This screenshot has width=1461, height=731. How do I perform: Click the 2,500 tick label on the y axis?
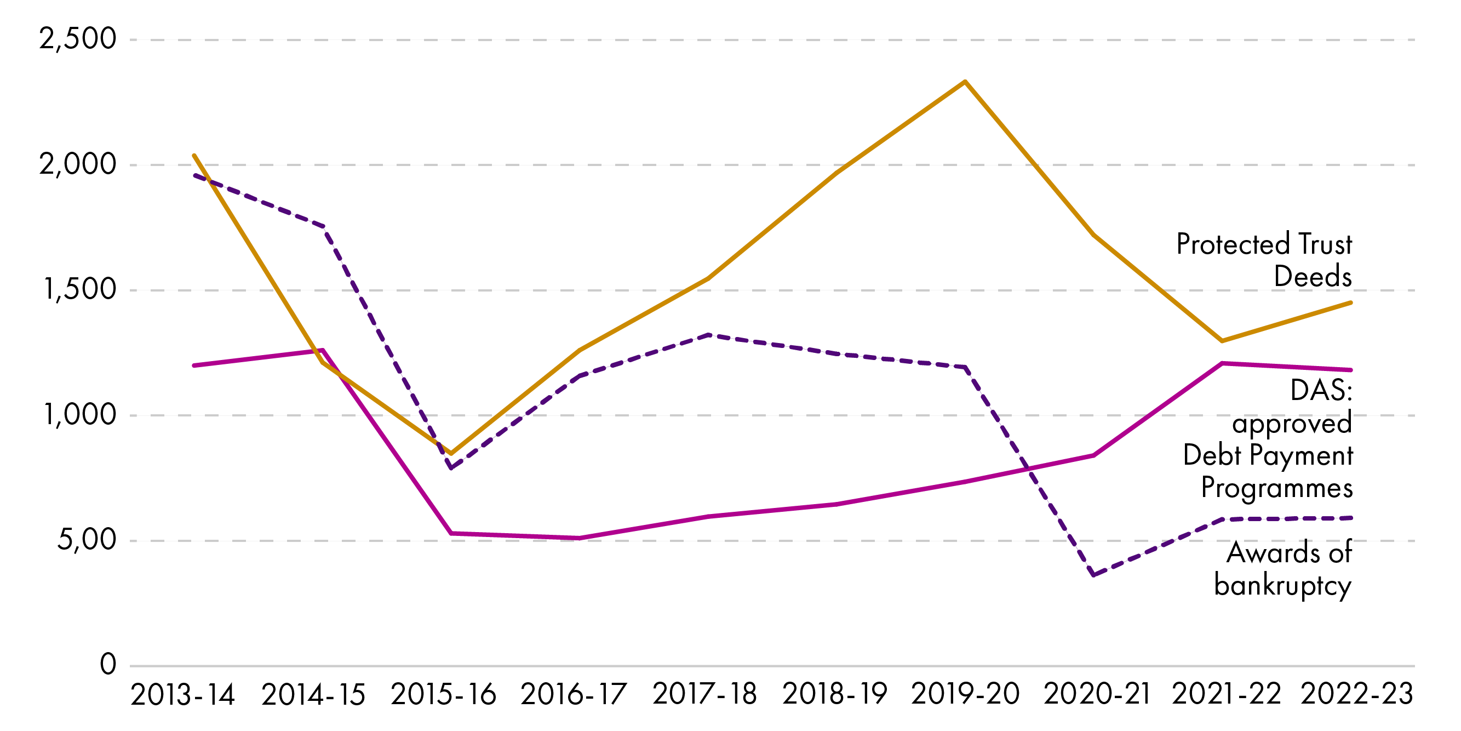pyautogui.click(x=78, y=39)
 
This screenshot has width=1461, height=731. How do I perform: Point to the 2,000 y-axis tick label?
pyautogui.click(x=78, y=164)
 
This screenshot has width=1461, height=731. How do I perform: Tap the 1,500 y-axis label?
pyautogui.click(x=80, y=289)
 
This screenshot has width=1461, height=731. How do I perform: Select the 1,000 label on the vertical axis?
pyautogui.click(x=80, y=415)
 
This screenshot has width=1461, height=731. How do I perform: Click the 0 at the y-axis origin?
pyautogui.click(x=108, y=664)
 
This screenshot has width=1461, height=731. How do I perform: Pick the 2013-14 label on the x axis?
pyautogui.click(x=182, y=695)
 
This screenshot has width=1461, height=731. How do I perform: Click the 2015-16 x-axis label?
pyautogui.click(x=444, y=695)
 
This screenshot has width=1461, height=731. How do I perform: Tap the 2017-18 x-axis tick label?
pyautogui.click(x=704, y=695)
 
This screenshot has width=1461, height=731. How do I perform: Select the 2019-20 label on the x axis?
pyautogui.click(x=965, y=695)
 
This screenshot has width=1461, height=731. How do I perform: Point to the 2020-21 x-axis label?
pyautogui.click(x=1097, y=695)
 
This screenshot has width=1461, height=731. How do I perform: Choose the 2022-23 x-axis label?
pyautogui.click(x=1356, y=695)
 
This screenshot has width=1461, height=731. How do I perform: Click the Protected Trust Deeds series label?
pyautogui.click(x=1264, y=260)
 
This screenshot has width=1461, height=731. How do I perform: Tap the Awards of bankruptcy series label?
pyautogui.click(x=1283, y=569)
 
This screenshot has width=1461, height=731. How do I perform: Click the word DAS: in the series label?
pyautogui.click(x=1321, y=391)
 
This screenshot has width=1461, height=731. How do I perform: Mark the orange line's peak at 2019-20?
pyautogui.click(x=965, y=82)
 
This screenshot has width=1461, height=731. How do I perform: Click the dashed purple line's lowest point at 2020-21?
pyautogui.click(x=1093, y=575)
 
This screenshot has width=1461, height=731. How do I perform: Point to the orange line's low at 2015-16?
pyautogui.click(x=451, y=454)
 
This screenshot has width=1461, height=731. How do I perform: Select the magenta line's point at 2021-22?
pyautogui.click(x=1222, y=363)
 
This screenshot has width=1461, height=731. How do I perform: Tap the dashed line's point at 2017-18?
pyautogui.click(x=708, y=335)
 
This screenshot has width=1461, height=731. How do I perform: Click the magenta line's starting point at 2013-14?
pyautogui.click(x=194, y=365)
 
